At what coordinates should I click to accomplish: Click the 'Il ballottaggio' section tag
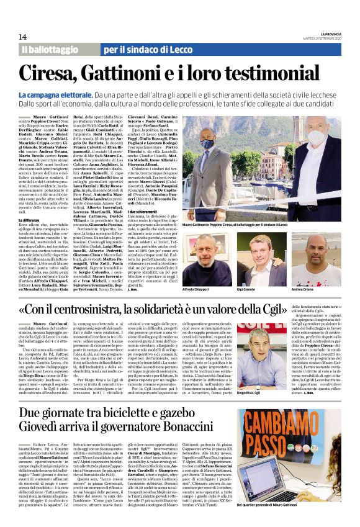[47, 49]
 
